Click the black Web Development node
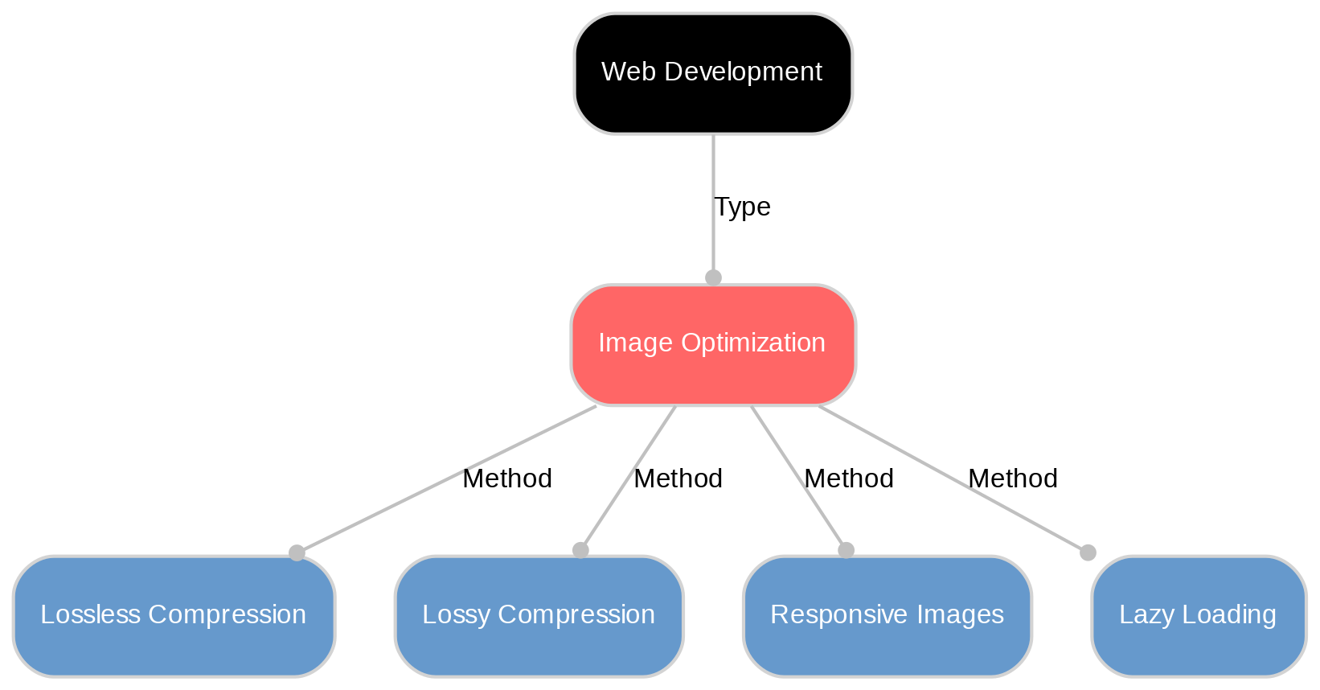point(713,73)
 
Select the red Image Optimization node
point(713,345)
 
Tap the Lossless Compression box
point(174,616)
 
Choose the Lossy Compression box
point(539,616)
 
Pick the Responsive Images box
point(888,616)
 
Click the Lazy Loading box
point(1198,616)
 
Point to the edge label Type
point(742,207)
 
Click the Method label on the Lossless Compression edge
point(507,479)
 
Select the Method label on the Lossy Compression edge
point(678,479)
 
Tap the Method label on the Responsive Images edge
point(849,479)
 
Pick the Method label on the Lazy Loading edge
point(1013,479)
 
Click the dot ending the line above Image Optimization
point(713,277)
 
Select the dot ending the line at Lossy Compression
point(580,550)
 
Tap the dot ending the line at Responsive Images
point(846,550)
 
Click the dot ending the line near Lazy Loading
point(1087,552)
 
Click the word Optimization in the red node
point(753,343)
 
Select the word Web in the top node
point(618,72)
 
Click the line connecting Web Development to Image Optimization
point(713,177)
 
